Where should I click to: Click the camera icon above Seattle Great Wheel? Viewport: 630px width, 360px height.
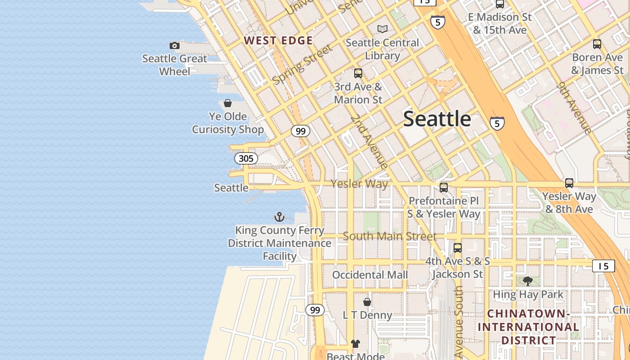pos(175,45)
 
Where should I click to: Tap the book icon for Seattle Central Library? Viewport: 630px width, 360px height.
pos(382,29)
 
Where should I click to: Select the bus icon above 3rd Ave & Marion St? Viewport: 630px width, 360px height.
pos(358,73)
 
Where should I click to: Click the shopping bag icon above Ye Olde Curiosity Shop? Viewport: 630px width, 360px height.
pos(228,103)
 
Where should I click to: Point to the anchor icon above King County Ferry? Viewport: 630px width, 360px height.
pos(279,217)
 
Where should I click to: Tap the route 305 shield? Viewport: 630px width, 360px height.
pos(246,158)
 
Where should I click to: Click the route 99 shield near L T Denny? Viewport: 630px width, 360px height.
pos(315,310)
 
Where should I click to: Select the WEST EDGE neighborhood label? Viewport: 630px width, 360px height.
pos(278,40)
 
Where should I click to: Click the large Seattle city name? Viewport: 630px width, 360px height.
pos(437,119)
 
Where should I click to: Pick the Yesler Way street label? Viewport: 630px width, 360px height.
pos(359,184)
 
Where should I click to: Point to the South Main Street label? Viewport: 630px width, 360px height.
pos(390,236)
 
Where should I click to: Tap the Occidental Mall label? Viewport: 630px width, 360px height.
pos(370,274)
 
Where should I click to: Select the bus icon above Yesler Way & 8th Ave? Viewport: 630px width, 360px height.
pos(569,183)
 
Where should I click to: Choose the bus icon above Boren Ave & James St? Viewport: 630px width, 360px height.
pos(597,44)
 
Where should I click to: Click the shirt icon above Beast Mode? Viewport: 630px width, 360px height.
pos(355,344)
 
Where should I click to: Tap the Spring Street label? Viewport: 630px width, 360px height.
pos(302,64)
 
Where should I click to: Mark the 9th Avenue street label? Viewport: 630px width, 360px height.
pos(575,108)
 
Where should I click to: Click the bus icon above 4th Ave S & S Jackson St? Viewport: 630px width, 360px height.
pos(458,247)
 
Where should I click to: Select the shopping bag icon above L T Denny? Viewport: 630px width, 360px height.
pos(367,301)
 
